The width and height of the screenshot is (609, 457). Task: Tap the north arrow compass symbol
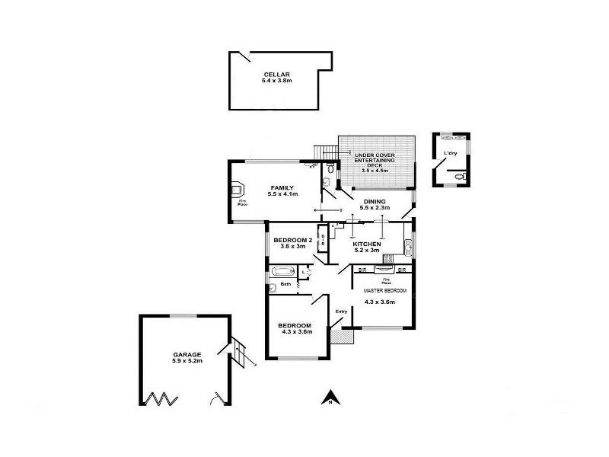[x=330, y=397]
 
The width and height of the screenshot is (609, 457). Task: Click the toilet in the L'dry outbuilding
[x=458, y=177]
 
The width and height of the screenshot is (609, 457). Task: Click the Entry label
[x=341, y=310]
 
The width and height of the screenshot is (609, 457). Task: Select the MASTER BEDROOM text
[x=384, y=291]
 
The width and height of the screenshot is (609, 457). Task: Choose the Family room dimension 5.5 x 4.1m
[x=282, y=194]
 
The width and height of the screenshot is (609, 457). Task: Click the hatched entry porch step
[x=338, y=334]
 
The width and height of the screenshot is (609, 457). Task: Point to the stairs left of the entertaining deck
[x=326, y=149]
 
